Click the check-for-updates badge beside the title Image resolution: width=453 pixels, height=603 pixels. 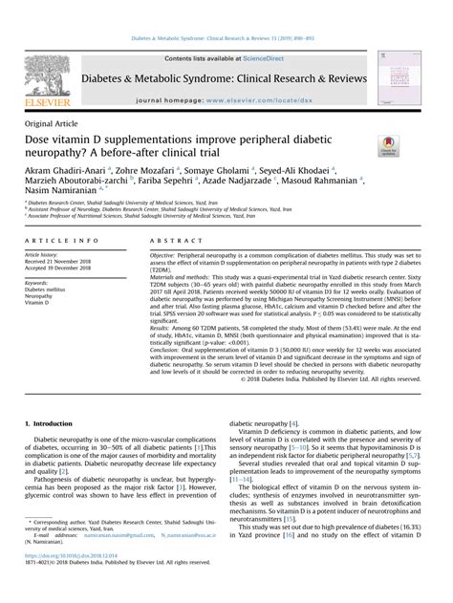tap(390, 144)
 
